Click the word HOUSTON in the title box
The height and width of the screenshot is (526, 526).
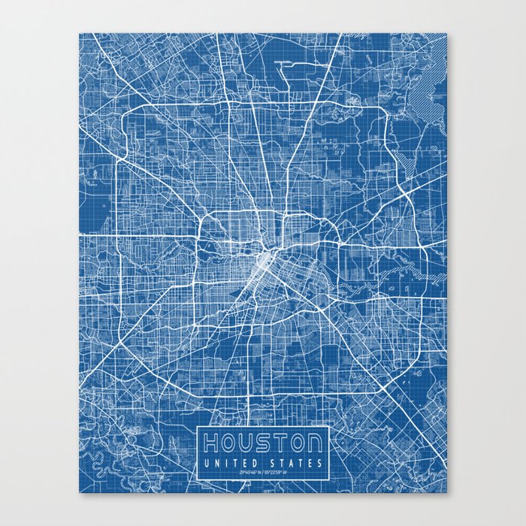pyautogui.click(x=262, y=442)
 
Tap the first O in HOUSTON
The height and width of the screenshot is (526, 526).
pyautogui.click(x=230, y=442)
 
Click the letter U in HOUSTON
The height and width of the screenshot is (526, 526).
pyautogui.click(x=249, y=442)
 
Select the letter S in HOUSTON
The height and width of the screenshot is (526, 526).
pyautogui.click(x=267, y=442)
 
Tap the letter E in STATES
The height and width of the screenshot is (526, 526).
pyautogui.click(x=311, y=462)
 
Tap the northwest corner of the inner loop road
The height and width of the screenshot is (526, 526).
pyautogui.click(x=204, y=216)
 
